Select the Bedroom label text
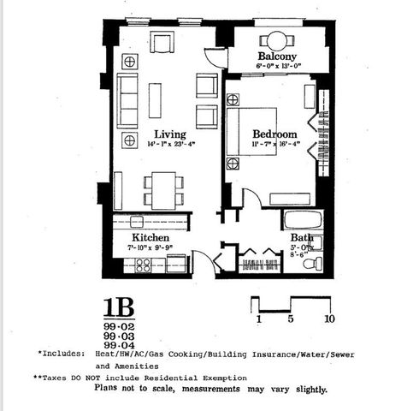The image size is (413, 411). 274,134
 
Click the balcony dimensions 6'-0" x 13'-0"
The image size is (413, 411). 277,66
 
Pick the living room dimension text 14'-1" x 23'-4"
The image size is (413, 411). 170,145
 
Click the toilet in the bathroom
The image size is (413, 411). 316,261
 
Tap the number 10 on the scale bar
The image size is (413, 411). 328,320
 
